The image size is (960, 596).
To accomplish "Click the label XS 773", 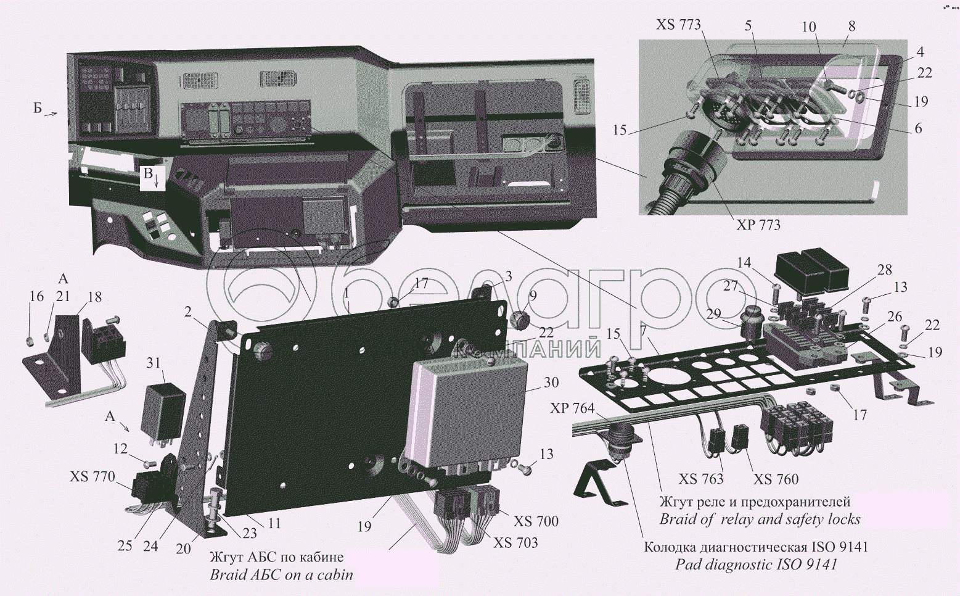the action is click(678, 25).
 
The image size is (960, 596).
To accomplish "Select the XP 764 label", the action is click(573, 408).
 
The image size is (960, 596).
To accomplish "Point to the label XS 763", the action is click(700, 479).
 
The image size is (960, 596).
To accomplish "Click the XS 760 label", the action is click(776, 479).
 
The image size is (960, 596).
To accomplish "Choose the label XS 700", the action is click(536, 521).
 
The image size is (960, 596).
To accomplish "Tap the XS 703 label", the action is click(515, 542).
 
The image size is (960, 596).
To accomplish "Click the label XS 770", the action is click(92, 476).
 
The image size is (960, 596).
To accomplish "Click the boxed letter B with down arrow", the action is click(153, 178).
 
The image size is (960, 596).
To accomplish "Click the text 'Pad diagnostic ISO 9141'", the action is click(756, 565).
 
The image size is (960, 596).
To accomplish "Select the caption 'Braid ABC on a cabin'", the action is click(282, 575).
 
